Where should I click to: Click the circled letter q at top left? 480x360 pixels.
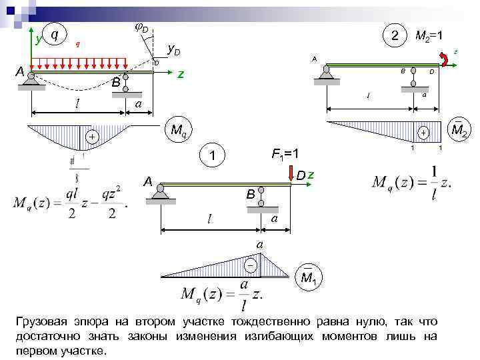click(x=53, y=33)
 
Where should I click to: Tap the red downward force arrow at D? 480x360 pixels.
click(x=291, y=173)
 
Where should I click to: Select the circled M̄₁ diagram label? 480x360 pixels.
click(x=308, y=276)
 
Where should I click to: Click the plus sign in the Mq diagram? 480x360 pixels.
click(x=91, y=137)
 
